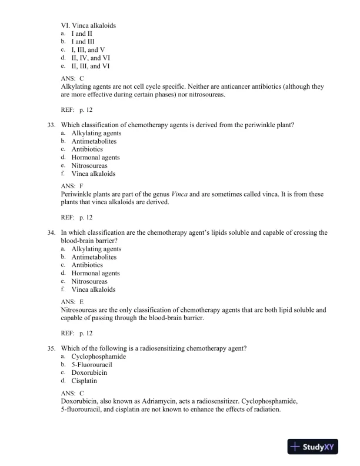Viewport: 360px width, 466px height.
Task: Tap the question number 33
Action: coord(52,125)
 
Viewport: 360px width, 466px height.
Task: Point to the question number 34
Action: coord(52,232)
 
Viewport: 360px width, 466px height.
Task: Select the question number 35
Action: coord(52,348)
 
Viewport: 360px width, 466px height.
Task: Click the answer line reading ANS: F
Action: coord(72,186)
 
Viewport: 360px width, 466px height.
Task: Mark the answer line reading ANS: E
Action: coord(72,301)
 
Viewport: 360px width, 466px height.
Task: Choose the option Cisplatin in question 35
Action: coord(84,381)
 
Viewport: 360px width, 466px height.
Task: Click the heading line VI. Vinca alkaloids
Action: coord(88,26)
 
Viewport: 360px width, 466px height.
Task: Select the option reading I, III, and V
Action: coord(88,50)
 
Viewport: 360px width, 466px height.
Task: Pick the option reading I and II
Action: coord(82,34)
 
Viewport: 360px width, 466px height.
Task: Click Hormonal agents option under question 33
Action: coord(95,158)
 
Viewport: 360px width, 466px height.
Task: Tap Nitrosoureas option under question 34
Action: coord(89,281)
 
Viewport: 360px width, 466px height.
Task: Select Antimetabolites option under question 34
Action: coord(94,257)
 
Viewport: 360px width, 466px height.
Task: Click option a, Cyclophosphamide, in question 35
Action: coord(98,357)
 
